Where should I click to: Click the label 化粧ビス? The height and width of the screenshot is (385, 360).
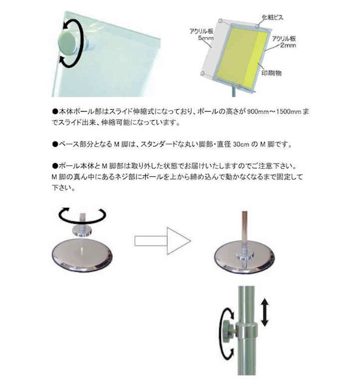point(273,17)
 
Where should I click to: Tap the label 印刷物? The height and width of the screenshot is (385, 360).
point(271,73)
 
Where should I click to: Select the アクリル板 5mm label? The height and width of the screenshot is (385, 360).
point(202,35)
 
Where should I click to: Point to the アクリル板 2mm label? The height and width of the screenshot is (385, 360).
point(284,42)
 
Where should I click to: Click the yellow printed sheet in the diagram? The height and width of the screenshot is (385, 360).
point(242,56)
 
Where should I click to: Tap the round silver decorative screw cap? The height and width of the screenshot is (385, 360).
point(67,43)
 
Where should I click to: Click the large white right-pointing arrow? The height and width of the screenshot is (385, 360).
point(163,241)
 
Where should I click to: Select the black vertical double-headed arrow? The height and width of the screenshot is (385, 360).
point(264,312)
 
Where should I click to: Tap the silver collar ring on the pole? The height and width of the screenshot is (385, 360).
point(246,330)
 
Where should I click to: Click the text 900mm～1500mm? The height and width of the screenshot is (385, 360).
point(274,112)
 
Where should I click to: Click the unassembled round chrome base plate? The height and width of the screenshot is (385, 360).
point(82,255)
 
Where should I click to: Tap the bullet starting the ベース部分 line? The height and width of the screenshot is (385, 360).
point(55,144)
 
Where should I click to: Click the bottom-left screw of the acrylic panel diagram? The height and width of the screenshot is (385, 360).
point(203,73)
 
